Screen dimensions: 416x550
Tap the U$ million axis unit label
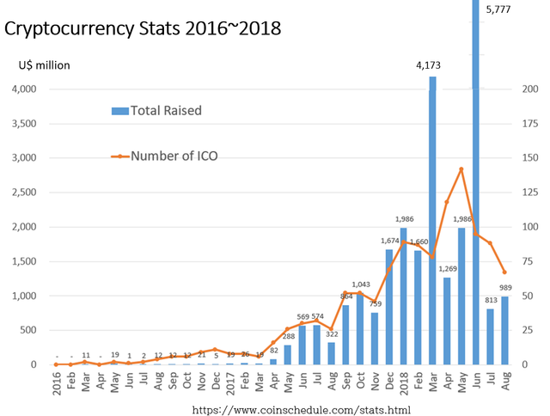[44, 64]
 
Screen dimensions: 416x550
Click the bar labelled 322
[330, 353]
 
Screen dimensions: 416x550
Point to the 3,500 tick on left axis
[23, 124]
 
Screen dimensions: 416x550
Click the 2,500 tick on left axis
[23, 193]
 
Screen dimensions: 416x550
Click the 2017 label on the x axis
[230, 381]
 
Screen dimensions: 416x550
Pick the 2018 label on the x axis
[403, 381]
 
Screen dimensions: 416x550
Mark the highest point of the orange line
[461, 168]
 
